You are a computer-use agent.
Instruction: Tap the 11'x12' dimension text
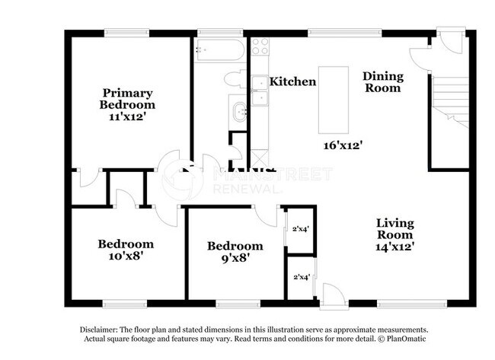[x=127, y=117]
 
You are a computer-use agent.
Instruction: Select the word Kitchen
[x=293, y=81]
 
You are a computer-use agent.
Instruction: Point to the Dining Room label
[x=382, y=81]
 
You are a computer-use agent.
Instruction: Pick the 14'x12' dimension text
[x=395, y=247]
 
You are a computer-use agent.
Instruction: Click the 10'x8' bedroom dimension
[x=126, y=256]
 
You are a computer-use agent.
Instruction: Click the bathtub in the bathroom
[x=219, y=51]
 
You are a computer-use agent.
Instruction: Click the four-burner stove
[x=260, y=46]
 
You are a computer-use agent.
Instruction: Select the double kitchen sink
[x=260, y=90]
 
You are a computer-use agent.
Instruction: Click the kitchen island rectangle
[x=333, y=94]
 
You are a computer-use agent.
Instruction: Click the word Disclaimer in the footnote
[x=100, y=329]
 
